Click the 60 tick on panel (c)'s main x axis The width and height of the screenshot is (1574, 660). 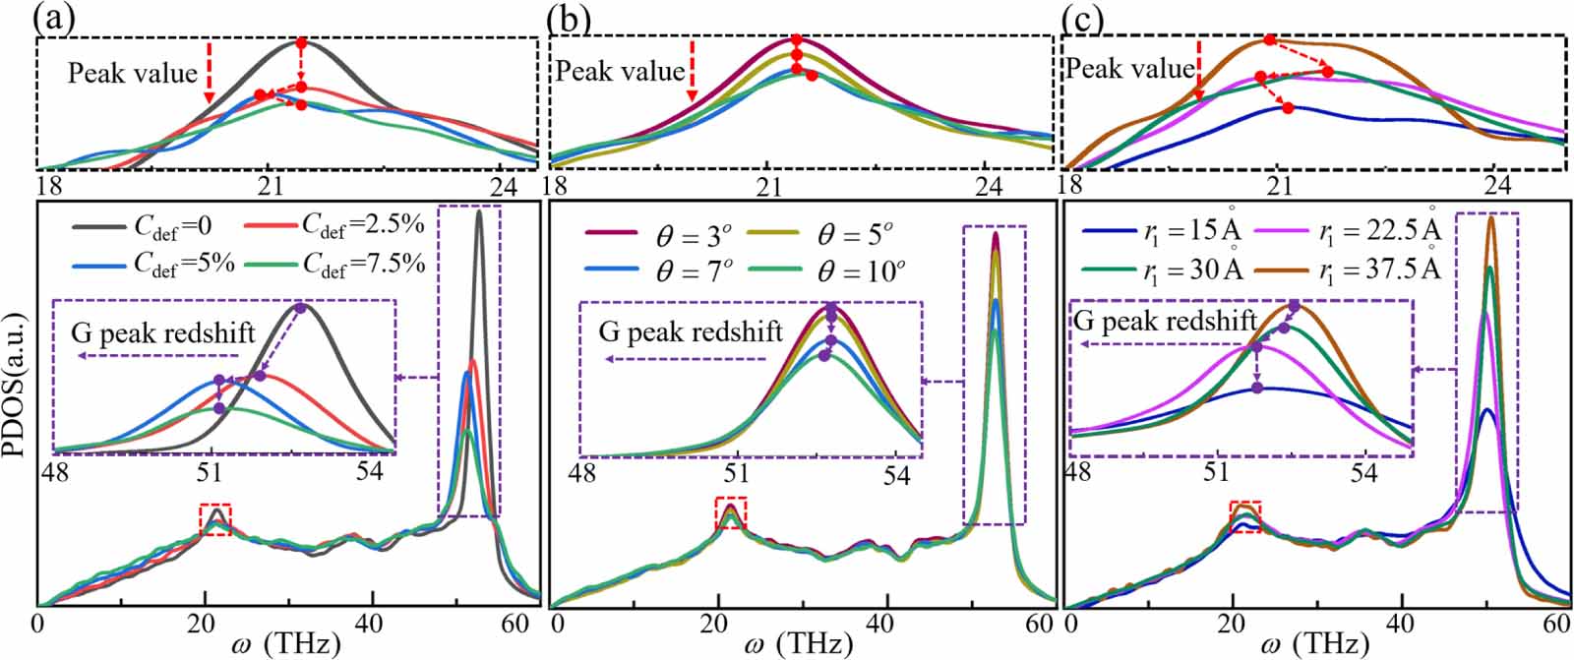[1555, 625]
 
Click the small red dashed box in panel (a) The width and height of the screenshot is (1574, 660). [215, 519]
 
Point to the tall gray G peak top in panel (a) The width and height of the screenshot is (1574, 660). [479, 211]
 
